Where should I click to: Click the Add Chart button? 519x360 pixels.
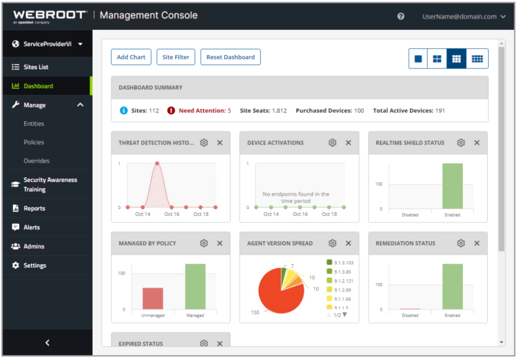tap(131, 57)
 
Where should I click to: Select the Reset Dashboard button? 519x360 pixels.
tap(230, 57)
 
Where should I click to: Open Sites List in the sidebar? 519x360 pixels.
tap(36, 67)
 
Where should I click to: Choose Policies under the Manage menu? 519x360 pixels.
tap(34, 142)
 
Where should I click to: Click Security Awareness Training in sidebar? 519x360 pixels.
tap(50, 185)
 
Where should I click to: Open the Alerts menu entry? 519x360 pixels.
tap(32, 228)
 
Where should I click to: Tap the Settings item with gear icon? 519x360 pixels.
tap(34, 266)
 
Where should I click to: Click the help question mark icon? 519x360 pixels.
tap(401, 16)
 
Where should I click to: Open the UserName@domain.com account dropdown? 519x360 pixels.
tap(463, 16)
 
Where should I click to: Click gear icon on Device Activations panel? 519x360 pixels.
tap(333, 143)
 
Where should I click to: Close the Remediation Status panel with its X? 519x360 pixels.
tap(477, 244)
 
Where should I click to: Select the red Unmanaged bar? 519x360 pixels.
tap(153, 299)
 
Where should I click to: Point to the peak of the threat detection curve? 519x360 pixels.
tap(157, 164)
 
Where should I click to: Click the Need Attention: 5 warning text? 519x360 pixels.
tap(204, 111)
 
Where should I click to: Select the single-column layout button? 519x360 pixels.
tap(418, 59)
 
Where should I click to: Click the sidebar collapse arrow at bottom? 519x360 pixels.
tap(47, 343)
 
